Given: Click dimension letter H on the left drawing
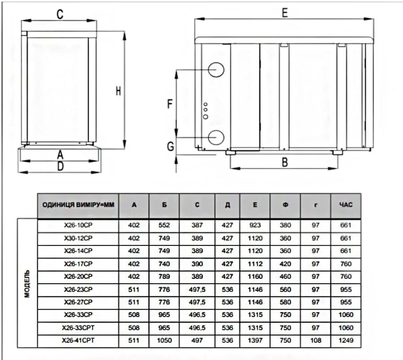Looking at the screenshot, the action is [x=118, y=91].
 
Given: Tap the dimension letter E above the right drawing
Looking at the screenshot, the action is [x=285, y=13].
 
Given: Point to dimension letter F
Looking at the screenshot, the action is [x=170, y=104].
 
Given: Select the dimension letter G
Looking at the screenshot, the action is [x=170, y=147].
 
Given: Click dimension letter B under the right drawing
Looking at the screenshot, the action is [x=285, y=162].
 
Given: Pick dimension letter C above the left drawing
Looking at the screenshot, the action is [x=60, y=15].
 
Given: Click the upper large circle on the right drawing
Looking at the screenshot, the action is [x=216, y=70].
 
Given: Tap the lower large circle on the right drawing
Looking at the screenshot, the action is [x=216, y=137].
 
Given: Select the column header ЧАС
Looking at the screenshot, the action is [x=345, y=205].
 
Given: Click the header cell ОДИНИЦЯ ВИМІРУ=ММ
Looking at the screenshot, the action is [x=78, y=205].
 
